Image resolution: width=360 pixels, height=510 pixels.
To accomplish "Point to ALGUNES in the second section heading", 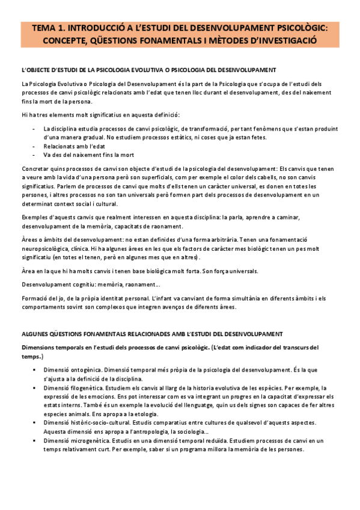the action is point(35,334).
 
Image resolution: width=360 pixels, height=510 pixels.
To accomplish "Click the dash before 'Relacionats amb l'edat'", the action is point(32,146).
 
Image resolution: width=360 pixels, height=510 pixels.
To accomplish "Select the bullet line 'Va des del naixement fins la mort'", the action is point(88,155).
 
